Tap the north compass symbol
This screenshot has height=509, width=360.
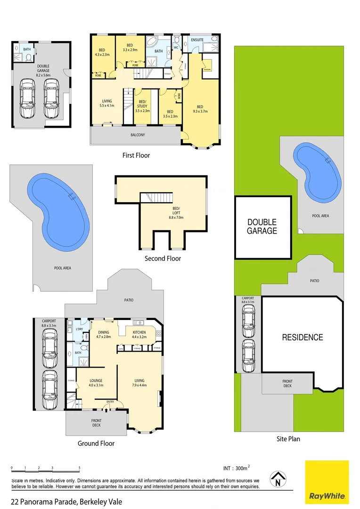coord(278,479)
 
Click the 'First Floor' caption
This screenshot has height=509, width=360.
coord(136,155)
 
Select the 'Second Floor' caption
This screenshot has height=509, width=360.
coord(163,258)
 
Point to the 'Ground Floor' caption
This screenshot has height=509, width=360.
coord(96,443)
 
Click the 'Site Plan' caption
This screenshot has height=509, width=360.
coord(288,439)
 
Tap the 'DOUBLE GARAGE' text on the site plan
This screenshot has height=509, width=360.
coord(262,227)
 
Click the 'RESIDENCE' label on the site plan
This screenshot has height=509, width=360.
coord(302,337)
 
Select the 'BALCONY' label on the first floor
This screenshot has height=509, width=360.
coord(138,135)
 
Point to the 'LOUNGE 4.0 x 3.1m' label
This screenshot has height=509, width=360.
coord(96,383)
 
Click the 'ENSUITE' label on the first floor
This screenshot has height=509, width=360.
coord(197,40)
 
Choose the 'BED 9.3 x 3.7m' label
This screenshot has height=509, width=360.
coord(200,109)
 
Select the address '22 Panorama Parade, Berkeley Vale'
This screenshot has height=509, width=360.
coord(66,501)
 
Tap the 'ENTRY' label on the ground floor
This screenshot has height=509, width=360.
coord(110,402)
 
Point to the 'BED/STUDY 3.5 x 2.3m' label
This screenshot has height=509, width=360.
coord(143,108)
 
